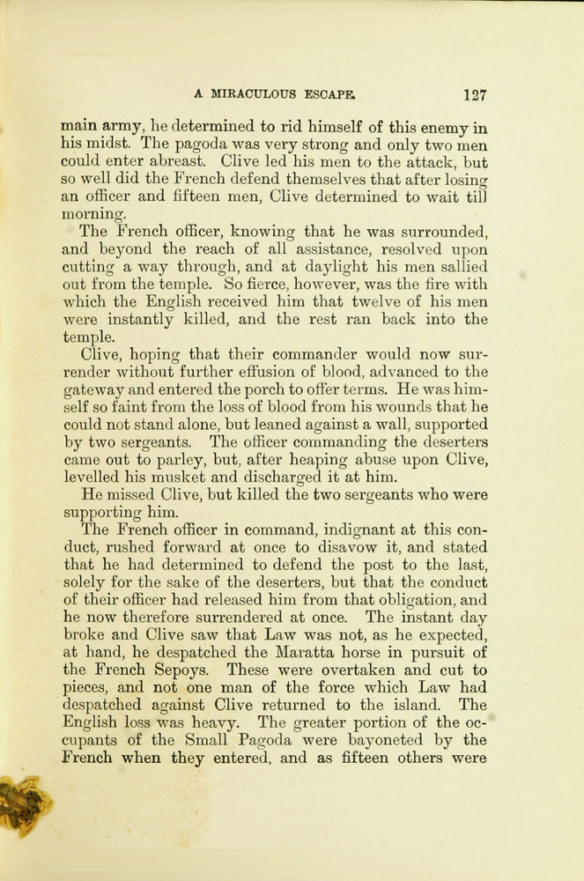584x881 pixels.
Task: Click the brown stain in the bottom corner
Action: click(22, 804)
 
